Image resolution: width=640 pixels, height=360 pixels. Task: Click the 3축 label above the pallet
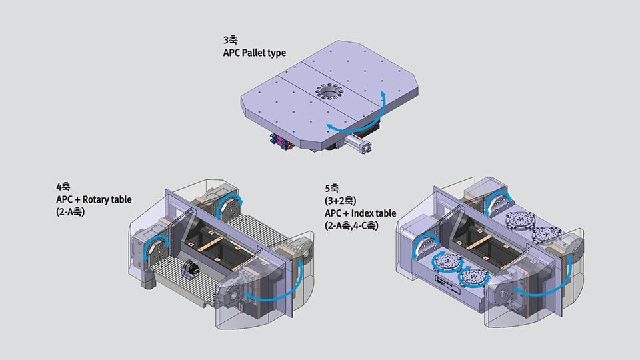tap(230, 40)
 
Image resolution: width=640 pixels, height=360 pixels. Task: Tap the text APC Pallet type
tap(254, 53)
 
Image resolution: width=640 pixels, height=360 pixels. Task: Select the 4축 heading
tap(63, 187)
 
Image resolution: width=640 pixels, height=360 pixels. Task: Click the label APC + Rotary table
tap(94, 199)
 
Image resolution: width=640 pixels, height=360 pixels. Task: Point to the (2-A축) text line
tap(70, 212)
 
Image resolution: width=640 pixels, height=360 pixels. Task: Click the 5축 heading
tap(332, 188)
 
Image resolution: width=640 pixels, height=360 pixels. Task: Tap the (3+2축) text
tap(341, 201)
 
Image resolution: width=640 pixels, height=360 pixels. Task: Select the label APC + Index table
tap(361, 213)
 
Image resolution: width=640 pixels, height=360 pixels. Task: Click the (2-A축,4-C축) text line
tap(351, 225)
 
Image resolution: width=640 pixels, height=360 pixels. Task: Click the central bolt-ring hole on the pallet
tap(328, 91)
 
